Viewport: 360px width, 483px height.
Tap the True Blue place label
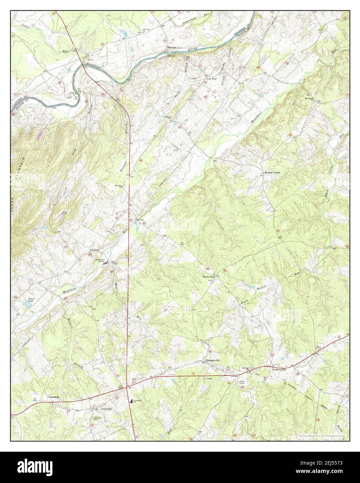[x=211, y=79]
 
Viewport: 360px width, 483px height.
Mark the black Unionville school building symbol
[x=131, y=401]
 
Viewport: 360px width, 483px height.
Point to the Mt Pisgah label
[x=309, y=98]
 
